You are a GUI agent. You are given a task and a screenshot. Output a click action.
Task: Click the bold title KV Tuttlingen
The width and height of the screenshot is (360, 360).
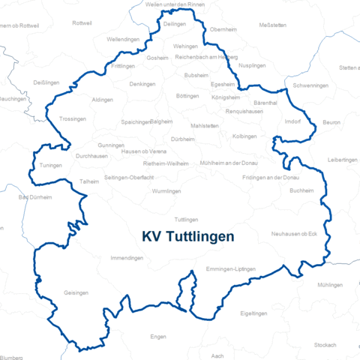[x=187, y=235]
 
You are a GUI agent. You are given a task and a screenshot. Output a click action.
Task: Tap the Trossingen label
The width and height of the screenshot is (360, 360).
[x=73, y=119]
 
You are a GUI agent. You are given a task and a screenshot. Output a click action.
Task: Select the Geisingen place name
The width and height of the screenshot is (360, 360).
[x=76, y=292]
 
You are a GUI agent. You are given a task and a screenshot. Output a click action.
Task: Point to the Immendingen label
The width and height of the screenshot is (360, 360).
[x=127, y=257]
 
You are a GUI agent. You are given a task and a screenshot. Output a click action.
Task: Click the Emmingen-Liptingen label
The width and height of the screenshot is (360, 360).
[x=231, y=268]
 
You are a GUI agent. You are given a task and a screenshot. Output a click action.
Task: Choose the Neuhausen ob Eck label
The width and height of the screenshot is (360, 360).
[x=294, y=234]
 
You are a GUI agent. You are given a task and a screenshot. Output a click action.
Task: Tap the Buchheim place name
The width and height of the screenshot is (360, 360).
[x=301, y=190]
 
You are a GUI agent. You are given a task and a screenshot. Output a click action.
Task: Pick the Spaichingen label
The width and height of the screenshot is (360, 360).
[x=136, y=121]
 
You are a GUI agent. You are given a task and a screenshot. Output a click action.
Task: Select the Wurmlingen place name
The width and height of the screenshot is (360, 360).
[x=166, y=191]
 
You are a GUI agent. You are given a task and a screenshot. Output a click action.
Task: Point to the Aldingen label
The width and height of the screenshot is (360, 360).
[x=102, y=99]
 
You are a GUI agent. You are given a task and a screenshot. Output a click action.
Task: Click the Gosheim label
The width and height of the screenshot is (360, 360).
[x=157, y=58]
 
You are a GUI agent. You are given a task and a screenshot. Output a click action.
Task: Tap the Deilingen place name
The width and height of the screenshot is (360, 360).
[x=175, y=24]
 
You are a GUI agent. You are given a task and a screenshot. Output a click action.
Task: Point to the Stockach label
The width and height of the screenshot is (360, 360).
[x=325, y=344]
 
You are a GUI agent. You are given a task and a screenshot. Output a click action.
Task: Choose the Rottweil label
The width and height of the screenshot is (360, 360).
[x=82, y=23]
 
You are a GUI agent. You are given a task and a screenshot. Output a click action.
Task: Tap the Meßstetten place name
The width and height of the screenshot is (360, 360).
[x=272, y=25]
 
